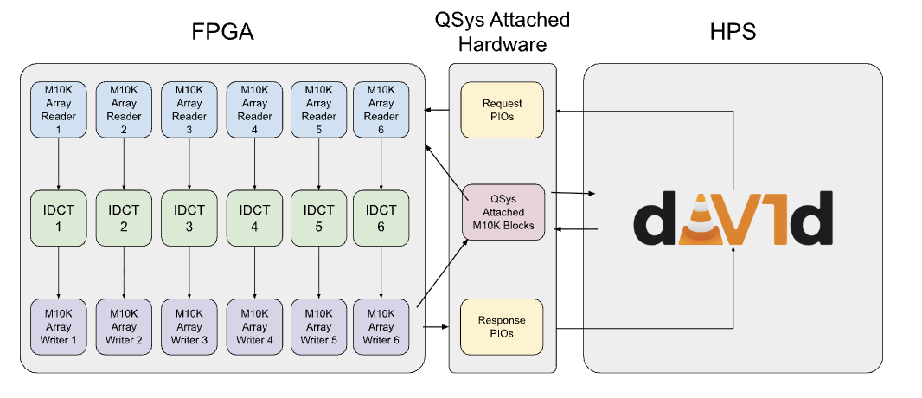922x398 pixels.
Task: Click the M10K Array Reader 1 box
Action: pos(59,110)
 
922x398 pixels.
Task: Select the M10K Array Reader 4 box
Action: pos(254,110)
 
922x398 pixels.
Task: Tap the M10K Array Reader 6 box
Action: pos(381,110)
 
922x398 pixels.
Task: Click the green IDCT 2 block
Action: pos(124,217)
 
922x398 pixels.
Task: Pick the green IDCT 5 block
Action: pos(318,217)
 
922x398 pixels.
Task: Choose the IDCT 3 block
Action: pos(189,217)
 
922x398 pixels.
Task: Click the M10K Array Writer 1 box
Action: pos(59,327)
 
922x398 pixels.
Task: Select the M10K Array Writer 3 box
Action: pos(189,327)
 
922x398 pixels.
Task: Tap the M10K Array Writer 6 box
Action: pos(381,327)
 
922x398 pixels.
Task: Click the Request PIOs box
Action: pos(503,110)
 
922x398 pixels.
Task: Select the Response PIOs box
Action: pos(503,327)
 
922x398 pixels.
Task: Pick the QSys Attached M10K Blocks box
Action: pos(504,212)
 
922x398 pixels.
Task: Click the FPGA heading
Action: pos(222,32)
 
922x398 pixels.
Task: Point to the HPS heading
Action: pos(733,32)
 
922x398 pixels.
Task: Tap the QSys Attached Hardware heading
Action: pos(503,32)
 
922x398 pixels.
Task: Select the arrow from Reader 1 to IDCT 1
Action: pos(59,164)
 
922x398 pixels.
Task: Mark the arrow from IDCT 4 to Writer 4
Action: pos(254,273)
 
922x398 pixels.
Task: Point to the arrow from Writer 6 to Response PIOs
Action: pos(435,327)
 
